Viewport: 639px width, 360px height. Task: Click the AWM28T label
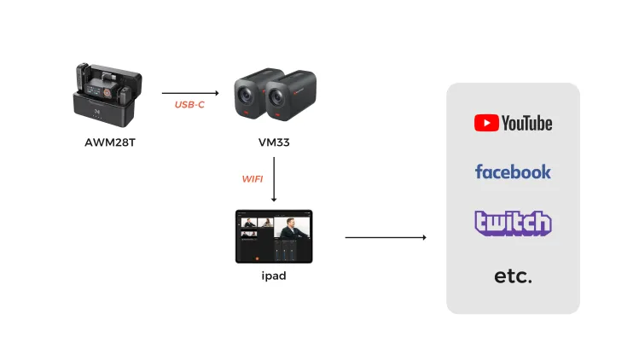click(110, 142)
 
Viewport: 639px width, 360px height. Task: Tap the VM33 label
click(274, 142)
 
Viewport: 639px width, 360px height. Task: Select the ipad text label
click(274, 276)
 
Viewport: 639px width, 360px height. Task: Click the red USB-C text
click(189, 105)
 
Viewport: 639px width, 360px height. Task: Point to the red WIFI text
click(253, 179)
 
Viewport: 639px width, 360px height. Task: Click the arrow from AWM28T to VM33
click(190, 93)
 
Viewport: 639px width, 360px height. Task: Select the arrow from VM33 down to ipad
click(274, 179)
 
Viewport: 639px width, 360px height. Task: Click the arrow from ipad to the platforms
click(386, 237)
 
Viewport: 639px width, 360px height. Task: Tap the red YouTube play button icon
click(486, 123)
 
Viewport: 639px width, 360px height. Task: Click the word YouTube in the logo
click(527, 123)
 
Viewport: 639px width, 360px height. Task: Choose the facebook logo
click(513, 171)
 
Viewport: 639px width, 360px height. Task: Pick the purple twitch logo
click(513, 223)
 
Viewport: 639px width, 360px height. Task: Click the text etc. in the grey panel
click(513, 276)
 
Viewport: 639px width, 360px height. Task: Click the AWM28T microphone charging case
click(107, 95)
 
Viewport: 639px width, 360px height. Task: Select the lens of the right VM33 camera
click(276, 97)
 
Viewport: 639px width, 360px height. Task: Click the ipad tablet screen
click(274, 236)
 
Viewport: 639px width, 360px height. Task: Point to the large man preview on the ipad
click(292, 228)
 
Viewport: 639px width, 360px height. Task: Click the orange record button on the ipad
click(257, 258)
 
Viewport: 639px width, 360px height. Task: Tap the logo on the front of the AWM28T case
click(97, 111)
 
